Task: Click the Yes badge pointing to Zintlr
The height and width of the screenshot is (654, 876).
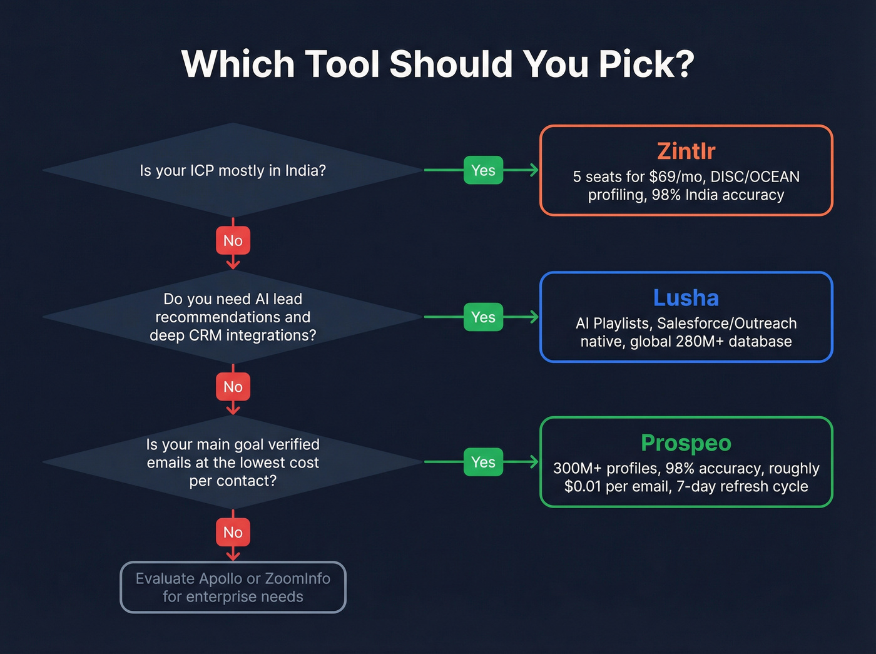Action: click(x=483, y=170)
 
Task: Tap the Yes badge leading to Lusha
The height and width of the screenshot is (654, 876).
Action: click(x=483, y=317)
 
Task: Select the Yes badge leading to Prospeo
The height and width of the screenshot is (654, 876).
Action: click(x=483, y=462)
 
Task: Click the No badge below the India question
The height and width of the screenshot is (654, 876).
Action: click(x=233, y=240)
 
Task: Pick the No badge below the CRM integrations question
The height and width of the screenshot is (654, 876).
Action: click(x=233, y=387)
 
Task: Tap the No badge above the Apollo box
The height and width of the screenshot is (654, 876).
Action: click(x=233, y=532)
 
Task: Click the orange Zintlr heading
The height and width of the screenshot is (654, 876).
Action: click(x=686, y=151)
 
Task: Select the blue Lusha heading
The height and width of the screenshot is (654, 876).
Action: click(x=686, y=298)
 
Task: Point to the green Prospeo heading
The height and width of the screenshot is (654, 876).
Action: click(x=686, y=443)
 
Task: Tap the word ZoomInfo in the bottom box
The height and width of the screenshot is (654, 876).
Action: click(x=297, y=579)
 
